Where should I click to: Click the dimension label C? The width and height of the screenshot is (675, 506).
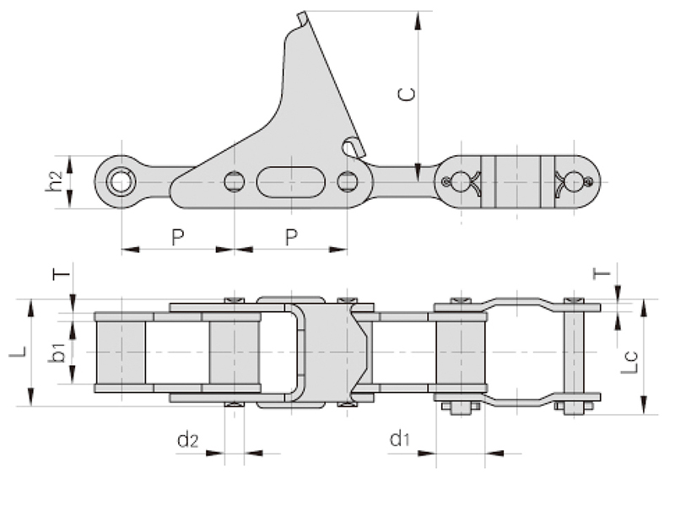pyautogui.click(x=407, y=93)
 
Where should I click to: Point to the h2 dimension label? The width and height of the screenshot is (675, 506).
pyautogui.click(x=54, y=180)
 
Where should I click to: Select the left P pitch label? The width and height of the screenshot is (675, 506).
pyautogui.click(x=178, y=237)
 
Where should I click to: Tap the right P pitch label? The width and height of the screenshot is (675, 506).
pyautogui.click(x=291, y=237)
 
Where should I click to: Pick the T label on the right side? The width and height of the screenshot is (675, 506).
pyautogui.click(x=601, y=273)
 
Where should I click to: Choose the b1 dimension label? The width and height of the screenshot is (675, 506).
pyautogui.click(x=58, y=352)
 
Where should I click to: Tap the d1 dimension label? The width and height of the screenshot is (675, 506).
pyautogui.click(x=400, y=438)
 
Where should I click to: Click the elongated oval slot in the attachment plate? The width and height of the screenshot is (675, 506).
pyautogui.click(x=291, y=180)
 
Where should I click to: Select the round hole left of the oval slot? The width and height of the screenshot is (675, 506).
pyautogui.click(x=235, y=180)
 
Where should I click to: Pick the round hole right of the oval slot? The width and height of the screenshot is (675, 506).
pyautogui.click(x=347, y=180)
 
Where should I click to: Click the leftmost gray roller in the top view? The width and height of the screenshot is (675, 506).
pyautogui.click(x=121, y=353)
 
